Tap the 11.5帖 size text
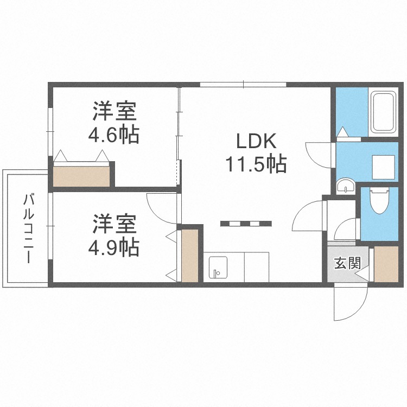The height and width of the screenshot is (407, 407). (x=256, y=163)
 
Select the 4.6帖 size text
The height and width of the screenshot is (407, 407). (x=114, y=134)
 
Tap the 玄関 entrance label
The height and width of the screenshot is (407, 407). (x=347, y=264)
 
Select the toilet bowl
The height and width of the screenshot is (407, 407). (x=378, y=202)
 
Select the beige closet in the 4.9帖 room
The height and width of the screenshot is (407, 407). (x=189, y=256)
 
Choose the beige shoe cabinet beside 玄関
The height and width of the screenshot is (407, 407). (x=386, y=264)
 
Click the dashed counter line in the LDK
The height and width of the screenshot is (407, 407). (x=246, y=222)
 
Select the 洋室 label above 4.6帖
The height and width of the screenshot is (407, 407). (x=114, y=112)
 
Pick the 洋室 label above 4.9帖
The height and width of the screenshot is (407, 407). (x=114, y=224)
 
